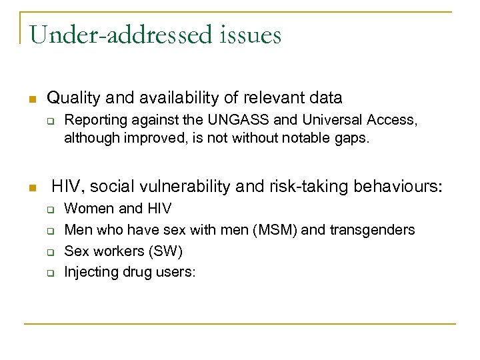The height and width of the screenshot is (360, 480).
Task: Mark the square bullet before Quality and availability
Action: click(31, 99)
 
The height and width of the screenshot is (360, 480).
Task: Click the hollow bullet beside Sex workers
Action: click(50, 251)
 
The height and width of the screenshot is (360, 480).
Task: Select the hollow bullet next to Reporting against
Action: click(50, 121)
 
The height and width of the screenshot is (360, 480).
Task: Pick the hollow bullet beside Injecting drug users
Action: click(50, 273)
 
